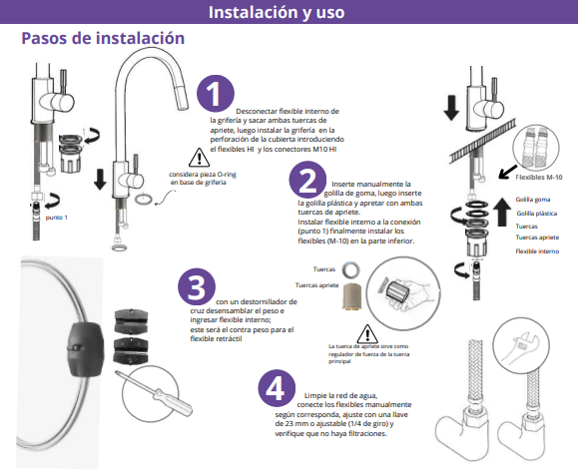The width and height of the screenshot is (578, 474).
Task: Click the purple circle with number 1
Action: pos(216,93)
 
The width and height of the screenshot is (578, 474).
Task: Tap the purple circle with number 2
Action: pos(307,180)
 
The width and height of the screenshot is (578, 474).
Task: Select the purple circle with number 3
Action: pos(197,287)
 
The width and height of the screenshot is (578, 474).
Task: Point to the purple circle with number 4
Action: pos(277,388)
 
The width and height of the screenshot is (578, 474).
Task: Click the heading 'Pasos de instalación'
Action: pos(103,38)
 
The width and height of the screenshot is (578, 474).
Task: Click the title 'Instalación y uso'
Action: pos(277,12)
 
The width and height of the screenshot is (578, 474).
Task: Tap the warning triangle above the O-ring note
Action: pos(199,158)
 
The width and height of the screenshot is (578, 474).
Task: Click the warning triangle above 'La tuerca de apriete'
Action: pos(367,334)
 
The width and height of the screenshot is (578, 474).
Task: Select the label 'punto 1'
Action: pos(56,218)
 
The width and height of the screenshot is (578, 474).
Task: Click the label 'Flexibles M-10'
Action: pos(539,178)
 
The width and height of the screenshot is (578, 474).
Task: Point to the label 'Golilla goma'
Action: pos(533,200)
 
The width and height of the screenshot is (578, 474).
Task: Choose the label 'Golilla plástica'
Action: pos(537,214)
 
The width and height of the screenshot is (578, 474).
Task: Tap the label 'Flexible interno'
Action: pos(537,251)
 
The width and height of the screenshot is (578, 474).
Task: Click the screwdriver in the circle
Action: pos(154,392)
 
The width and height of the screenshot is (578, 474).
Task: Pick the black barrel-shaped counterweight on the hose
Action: pos(86,349)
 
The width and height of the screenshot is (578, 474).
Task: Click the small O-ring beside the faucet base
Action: pos(144,199)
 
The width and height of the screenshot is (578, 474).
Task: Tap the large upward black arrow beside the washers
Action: pos(502,212)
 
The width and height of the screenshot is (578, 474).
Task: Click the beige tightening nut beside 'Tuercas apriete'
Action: pos(352,296)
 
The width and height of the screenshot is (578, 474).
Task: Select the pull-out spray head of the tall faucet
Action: pos(183,97)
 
